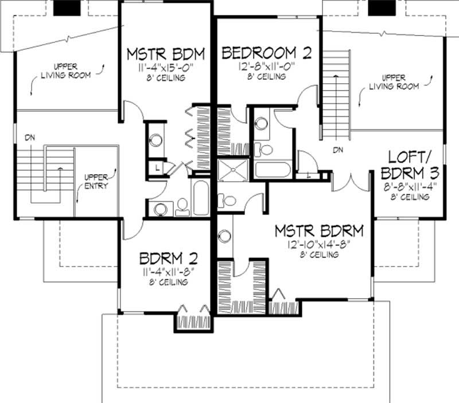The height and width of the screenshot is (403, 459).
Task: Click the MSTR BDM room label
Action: click(166, 54)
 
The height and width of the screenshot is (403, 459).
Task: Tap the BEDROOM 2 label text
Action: click(266, 53)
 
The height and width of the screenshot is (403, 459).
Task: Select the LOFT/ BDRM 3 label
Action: click(410, 165)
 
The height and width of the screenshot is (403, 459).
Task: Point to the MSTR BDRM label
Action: click(319, 231)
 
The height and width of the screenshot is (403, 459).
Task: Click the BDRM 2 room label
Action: click(168, 258)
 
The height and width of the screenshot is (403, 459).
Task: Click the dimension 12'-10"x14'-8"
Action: click(319, 244)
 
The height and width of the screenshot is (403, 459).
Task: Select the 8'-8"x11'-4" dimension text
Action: click(410, 186)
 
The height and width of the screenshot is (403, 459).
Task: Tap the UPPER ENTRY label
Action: click(96, 182)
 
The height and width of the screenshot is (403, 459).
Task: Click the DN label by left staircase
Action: click(30, 137)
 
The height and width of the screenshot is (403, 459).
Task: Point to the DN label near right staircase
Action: click(338, 150)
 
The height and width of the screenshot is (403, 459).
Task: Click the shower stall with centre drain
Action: click(233, 170)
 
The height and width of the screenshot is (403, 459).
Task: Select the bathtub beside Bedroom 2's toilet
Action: click(273, 170)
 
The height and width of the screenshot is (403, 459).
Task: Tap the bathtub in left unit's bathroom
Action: click(201, 198)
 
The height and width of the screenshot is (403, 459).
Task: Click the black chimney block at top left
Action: click(67, 7)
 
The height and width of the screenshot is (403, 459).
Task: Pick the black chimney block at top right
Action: click(382, 7)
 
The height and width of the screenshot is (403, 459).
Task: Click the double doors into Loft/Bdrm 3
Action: click(351, 183)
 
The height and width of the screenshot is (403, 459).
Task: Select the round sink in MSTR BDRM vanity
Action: click(224, 236)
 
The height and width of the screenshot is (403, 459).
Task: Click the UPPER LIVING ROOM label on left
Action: click(66, 71)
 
